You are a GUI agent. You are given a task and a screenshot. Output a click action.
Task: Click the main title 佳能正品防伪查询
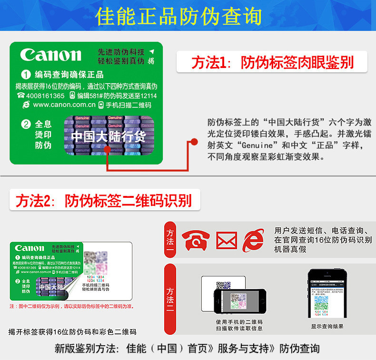(x=178, y=16)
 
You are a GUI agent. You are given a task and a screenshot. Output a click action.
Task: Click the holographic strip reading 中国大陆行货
(x=109, y=136)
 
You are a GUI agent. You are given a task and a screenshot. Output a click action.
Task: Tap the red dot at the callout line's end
(x=194, y=141)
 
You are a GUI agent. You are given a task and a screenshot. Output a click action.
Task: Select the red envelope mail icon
(x=226, y=240)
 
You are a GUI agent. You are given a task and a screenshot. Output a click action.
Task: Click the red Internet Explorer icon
(x=253, y=240)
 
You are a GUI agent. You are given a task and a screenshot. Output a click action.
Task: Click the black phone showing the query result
(x=327, y=294)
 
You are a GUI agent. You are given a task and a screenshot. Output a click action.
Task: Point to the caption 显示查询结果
(x=327, y=327)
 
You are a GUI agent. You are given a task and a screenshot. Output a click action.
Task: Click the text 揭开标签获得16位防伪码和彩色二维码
(x=72, y=332)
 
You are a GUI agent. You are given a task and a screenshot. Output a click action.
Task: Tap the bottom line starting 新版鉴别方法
(x=187, y=349)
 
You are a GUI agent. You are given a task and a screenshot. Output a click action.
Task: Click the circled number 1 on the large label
(x=26, y=75)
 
